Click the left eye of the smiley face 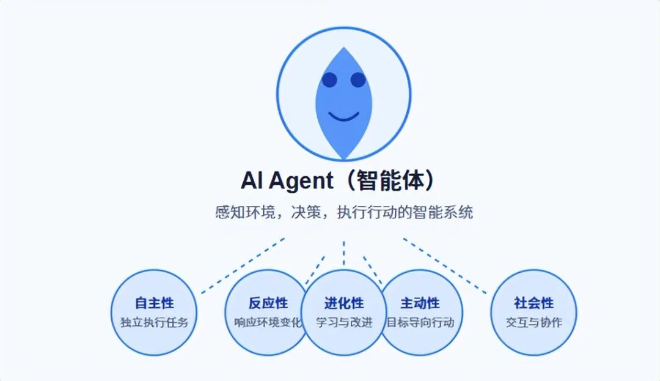pos(329,80)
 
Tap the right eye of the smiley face pos(358,80)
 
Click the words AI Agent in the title pos(287,181)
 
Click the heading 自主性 pos(154,303)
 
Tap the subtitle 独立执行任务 pos(154,322)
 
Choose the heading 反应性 pos(268,303)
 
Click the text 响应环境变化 pos(268,322)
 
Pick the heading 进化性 pos(343,303)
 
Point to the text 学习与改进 pos(343,322)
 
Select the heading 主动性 pos(420,303)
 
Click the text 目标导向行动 pos(421,322)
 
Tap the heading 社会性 pos(533,303)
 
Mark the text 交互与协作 pos(533,322)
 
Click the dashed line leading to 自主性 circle pos(243,265)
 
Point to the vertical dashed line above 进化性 pos(343,252)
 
